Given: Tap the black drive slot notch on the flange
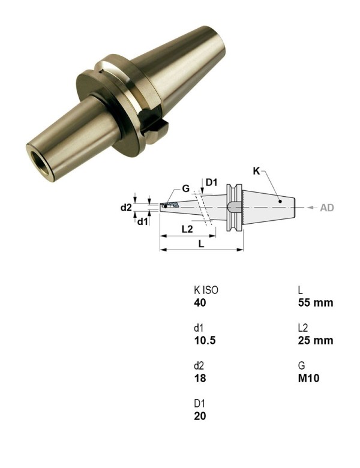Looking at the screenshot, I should (x=157, y=128).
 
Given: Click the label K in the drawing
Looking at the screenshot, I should (x=256, y=171).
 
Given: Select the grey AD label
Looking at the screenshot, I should (x=327, y=208).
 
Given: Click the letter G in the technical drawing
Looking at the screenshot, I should (x=186, y=188).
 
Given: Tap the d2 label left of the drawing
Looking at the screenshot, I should (x=126, y=208).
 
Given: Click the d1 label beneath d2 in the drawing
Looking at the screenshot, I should (x=143, y=221).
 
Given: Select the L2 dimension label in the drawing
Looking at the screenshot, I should (x=187, y=230).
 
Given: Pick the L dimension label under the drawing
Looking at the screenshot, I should (x=201, y=244).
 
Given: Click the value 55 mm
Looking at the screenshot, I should (x=315, y=303).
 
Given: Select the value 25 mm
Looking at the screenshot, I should (x=315, y=341).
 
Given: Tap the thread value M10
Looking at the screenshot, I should (x=308, y=379).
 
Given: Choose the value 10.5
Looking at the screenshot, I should (x=205, y=341).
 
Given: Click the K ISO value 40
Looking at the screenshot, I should (x=200, y=303).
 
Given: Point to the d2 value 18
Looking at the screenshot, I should (x=199, y=379).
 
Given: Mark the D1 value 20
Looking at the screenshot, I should (x=200, y=416).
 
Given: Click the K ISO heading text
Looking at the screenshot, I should (x=206, y=290).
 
